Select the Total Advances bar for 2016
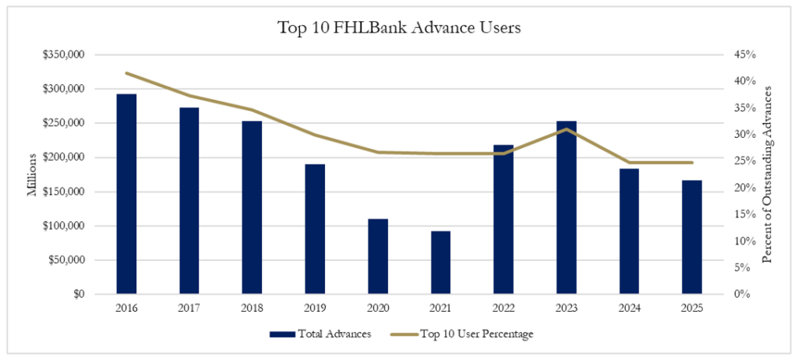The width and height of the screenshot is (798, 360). (x=126, y=194)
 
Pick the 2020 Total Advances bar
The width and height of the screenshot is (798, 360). (x=378, y=256)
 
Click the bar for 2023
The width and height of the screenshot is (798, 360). (x=567, y=207)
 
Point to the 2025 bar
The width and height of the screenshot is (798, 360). (x=692, y=237)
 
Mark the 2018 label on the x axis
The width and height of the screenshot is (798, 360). (x=252, y=308)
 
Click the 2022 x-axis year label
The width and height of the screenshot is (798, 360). (x=503, y=308)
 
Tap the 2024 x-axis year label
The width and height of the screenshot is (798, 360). (x=629, y=308)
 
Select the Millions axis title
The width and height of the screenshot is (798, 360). (x=33, y=175)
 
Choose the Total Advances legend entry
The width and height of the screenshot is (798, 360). (x=320, y=334)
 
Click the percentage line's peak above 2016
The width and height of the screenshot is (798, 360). (x=126, y=73)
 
